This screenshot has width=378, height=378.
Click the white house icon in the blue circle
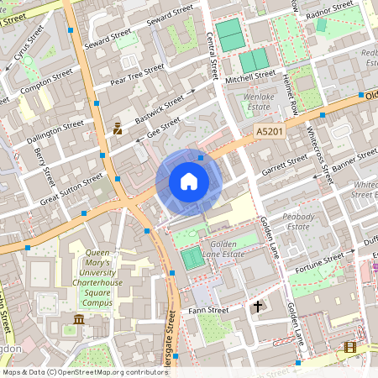click(189, 181)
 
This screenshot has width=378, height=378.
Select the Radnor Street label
click(329, 8)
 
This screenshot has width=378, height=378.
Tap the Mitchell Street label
click(250, 75)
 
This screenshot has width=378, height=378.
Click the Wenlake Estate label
click(259, 102)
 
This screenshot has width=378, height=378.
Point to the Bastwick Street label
click(159, 106)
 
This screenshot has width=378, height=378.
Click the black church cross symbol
click(258, 307)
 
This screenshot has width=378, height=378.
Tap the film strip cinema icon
click(349, 347)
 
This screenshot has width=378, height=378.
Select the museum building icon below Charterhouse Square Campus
click(79, 320)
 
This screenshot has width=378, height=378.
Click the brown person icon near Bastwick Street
click(118, 129)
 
